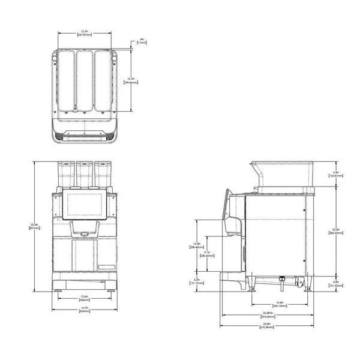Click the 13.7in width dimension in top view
[86, 34]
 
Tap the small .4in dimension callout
[142, 41]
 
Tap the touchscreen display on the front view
[85, 205]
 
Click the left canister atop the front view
[65, 174]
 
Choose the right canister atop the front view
[104, 174]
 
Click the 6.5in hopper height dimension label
[336, 174]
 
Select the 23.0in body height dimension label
[336, 230]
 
